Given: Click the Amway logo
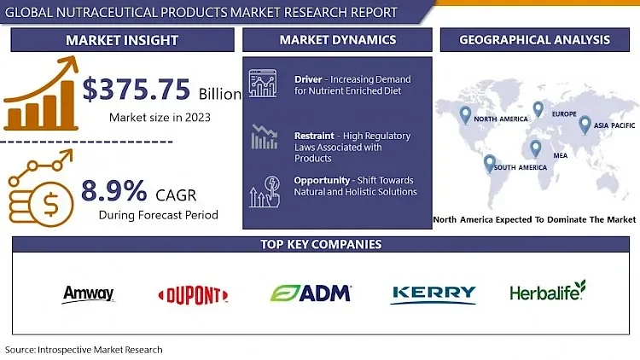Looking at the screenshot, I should coord(88,294).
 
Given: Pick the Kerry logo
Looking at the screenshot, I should coord(433,293).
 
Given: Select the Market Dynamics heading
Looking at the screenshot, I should coord(337,40).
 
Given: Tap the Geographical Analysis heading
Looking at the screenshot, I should coord(534,40).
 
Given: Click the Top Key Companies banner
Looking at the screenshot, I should coord(321,245).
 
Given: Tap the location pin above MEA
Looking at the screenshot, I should coord(535,148).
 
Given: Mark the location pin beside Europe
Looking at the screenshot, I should coord(538,109).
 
